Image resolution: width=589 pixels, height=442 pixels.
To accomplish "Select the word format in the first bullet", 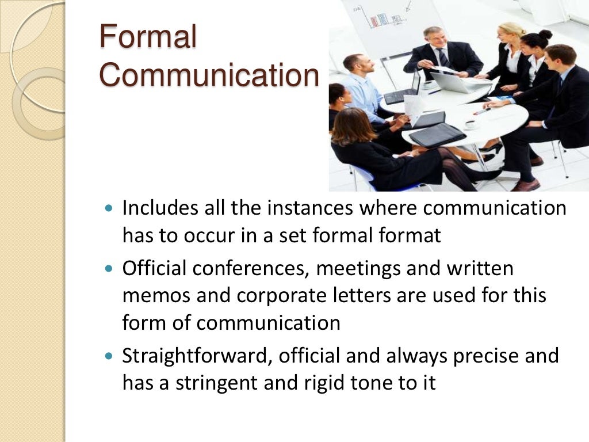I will pyautogui.click(x=412, y=235).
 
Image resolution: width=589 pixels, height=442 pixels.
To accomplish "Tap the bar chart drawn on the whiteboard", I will pyautogui.click(x=380, y=18).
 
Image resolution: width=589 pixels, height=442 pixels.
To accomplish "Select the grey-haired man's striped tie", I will pyautogui.click(x=443, y=58).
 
